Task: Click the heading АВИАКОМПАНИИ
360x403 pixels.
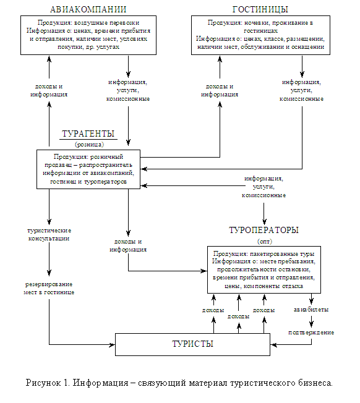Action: pyautogui.click(x=88, y=9)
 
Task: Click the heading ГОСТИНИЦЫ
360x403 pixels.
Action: pyautogui.click(x=260, y=9)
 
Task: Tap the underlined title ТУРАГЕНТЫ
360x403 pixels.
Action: pyautogui.click(x=88, y=134)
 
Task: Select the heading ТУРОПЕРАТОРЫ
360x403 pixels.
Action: pyautogui.click(x=264, y=230)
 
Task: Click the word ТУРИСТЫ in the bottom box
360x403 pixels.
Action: pyautogui.click(x=192, y=344)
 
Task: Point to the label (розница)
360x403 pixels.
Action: pyautogui.click(x=89, y=145)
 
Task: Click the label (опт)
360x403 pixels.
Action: pyautogui.click(x=265, y=241)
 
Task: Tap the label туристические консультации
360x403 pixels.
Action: pyautogui.click(x=49, y=234)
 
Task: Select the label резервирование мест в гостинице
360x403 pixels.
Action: pyautogui.click(x=49, y=288)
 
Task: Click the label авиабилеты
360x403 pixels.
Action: pyautogui.click(x=311, y=310)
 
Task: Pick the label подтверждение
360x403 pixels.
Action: pyautogui.click(x=311, y=333)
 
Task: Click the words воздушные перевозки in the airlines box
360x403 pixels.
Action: pyautogui.click(x=107, y=23)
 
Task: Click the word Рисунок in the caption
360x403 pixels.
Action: pyautogui.click(x=43, y=383)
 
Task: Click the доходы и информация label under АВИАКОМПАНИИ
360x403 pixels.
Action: pyautogui.click(x=49, y=90)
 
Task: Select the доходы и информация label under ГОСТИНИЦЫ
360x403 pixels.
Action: pyautogui.click(x=220, y=90)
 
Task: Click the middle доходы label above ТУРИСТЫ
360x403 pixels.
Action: pyautogui.click(x=238, y=316)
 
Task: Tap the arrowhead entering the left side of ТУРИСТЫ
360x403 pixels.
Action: pyautogui.click(x=113, y=345)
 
